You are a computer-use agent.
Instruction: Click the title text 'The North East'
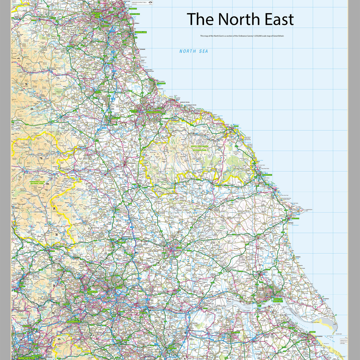(240, 19)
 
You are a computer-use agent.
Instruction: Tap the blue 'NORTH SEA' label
(193, 51)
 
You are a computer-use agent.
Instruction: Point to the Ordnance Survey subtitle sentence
(242, 36)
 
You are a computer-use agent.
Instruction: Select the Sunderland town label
(141, 32)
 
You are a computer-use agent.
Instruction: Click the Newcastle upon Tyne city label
(97, 15)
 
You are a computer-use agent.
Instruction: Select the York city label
(179, 248)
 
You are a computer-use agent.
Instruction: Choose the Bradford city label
(92, 291)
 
